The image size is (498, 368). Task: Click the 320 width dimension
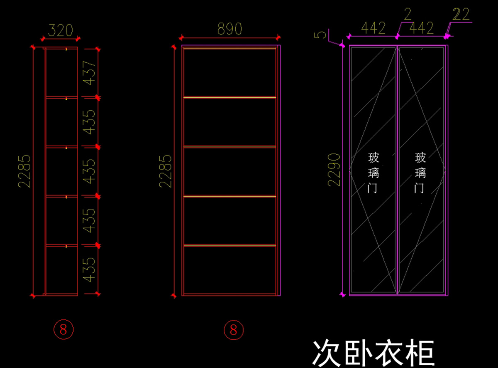(x=61, y=30)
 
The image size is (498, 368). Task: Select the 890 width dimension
(x=229, y=29)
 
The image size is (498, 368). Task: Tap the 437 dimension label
(x=89, y=73)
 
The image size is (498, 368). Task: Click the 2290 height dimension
(x=334, y=170)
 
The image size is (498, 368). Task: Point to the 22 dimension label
(x=461, y=14)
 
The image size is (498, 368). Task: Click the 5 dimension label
(x=320, y=35)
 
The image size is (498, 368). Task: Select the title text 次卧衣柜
(x=373, y=354)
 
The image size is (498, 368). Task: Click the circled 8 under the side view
(x=63, y=330)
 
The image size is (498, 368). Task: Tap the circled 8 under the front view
(x=234, y=330)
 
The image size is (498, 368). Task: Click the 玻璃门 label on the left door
(x=373, y=173)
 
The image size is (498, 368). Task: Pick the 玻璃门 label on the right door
(x=420, y=173)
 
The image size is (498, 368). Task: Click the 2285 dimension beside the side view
(x=24, y=171)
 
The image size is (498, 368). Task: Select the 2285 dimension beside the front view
(x=165, y=171)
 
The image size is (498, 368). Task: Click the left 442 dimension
(x=373, y=28)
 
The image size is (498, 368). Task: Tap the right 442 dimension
(x=422, y=28)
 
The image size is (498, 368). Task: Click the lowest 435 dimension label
(x=89, y=270)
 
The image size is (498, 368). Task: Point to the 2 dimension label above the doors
(x=408, y=14)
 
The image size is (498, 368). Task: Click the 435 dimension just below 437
(x=89, y=122)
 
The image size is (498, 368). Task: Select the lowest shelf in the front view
(x=229, y=245)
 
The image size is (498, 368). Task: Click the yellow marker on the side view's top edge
(x=66, y=49)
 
